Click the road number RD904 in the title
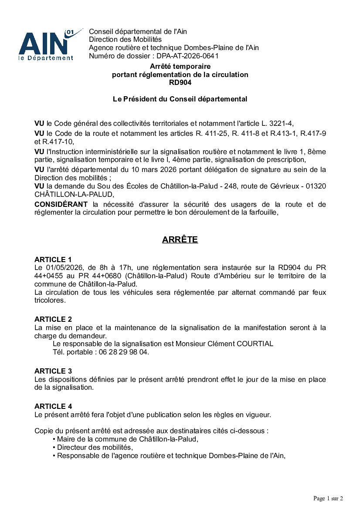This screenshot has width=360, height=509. tap(180, 83)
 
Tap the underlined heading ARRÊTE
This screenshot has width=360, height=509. tap(180, 240)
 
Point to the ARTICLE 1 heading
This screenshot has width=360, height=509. tap(53, 260)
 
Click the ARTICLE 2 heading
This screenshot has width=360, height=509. tap(53, 319)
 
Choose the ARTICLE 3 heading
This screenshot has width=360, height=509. tap(53, 371)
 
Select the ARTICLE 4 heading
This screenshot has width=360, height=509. tap(53, 406)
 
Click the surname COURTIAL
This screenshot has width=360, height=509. tap(255, 344)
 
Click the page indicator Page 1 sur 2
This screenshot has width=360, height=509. tap(328, 498)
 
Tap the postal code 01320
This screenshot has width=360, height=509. tap(316, 186)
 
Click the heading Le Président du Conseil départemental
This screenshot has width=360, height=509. tap(180, 99)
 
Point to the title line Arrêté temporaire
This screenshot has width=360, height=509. tap(180, 66)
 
